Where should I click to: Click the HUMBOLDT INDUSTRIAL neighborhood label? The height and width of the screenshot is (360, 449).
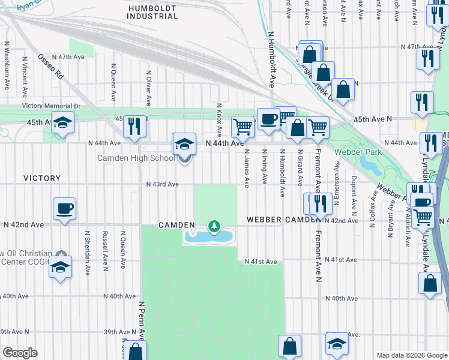pos(152,11)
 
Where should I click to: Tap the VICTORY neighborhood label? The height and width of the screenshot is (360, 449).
pos(42,178)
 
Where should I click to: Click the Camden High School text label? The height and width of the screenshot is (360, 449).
pos(136,158)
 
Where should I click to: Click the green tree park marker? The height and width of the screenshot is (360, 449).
pos(213,226)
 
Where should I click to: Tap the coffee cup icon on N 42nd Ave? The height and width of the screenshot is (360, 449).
pos(64,208)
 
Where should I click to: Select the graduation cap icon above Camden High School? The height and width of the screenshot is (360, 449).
pos(184,144)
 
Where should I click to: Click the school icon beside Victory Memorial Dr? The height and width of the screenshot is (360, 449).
pos(62,122)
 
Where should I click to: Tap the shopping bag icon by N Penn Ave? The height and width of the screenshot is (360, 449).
pos(136,352)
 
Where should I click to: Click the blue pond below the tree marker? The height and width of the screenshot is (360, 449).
pos(208,237)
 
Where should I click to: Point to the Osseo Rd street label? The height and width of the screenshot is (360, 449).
pos(50,66)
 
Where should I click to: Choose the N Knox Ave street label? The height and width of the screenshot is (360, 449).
pos(219,118)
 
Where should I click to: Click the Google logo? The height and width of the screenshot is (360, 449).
pos(20,353)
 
